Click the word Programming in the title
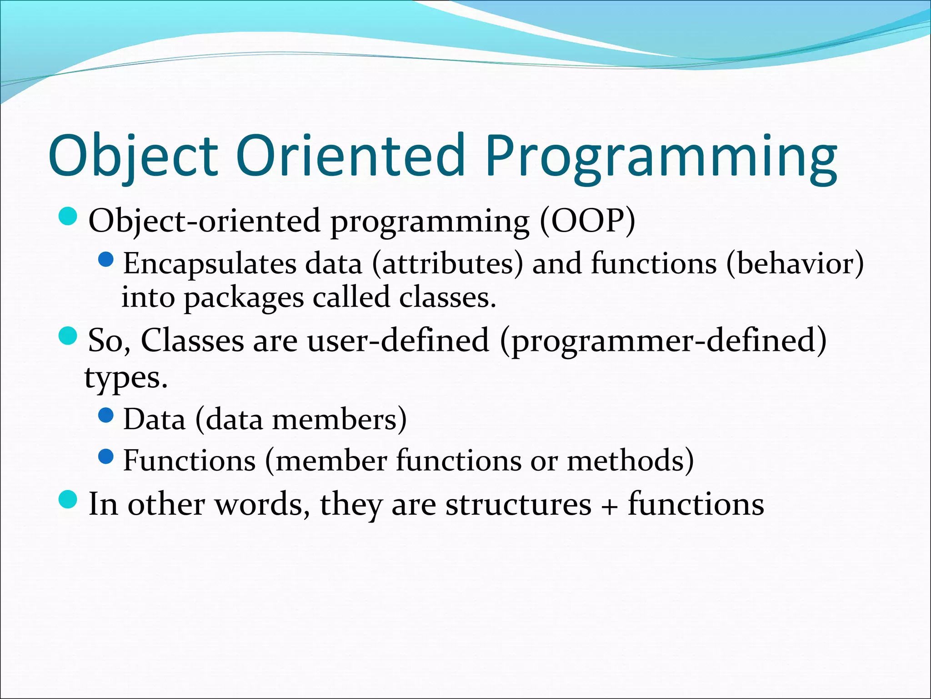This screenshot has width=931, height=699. [661, 157]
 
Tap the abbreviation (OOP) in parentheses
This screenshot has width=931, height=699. [587, 222]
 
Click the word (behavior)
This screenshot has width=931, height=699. [795, 264]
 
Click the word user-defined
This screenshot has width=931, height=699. [398, 340]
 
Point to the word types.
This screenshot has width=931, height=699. [126, 378]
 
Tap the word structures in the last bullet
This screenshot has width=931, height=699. [518, 505]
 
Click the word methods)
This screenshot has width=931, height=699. [630, 461]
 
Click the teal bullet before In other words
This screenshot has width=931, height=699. [69, 500]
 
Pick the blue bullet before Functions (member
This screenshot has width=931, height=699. [105, 456]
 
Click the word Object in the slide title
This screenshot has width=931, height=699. [133, 157]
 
